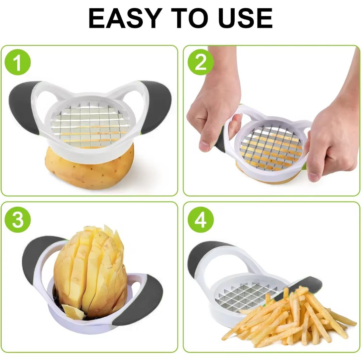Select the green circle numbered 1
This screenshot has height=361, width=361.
pos(18,62)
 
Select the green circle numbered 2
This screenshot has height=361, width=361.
pos(201,62)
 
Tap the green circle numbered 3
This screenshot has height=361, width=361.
pos(18,220)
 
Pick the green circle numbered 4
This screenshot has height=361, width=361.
pos(201,220)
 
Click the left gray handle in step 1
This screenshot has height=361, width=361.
pos(23,106)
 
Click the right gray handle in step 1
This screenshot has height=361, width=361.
pos(156,106)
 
